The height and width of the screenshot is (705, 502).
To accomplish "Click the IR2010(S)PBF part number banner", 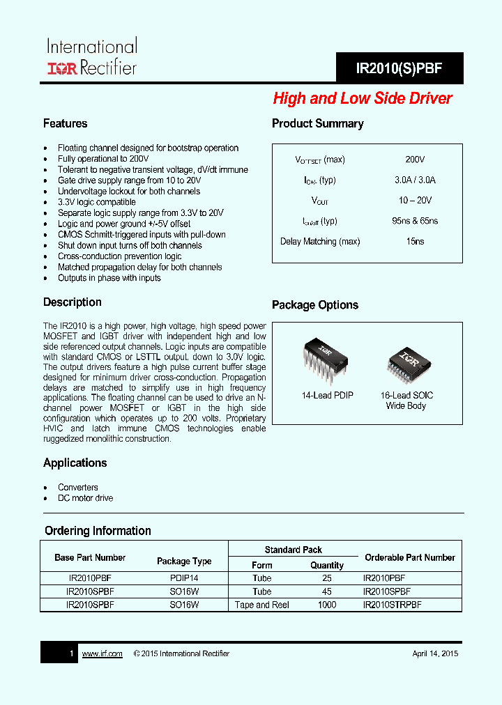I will tap(400, 69).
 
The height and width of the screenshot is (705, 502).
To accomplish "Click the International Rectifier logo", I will tap(91, 57).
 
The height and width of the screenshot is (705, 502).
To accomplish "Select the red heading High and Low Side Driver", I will tap(362, 99).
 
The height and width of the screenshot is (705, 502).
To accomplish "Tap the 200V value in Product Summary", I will tap(415, 160).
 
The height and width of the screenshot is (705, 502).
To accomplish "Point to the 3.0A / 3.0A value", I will tap(415, 180).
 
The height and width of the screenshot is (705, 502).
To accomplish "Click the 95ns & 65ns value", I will tap(415, 221).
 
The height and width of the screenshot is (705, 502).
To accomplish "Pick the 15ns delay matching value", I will tap(415, 241).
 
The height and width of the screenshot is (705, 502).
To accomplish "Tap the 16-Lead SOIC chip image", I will tap(406, 360).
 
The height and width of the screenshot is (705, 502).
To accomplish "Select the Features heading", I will tap(65, 123).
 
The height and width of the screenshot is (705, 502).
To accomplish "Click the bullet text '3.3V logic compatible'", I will tap(97, 202).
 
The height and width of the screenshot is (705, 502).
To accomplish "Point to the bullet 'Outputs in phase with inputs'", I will tap(109, 278).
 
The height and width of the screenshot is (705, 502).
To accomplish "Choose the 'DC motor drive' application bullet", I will tap(86, 498).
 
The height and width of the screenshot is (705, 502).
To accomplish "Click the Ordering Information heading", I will tap(98, 531).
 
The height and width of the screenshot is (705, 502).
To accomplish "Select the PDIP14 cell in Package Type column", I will tap(184, 578).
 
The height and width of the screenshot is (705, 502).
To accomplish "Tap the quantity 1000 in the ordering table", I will tap(326, 605).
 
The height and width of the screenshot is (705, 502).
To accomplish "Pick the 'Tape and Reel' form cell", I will tap(262, 605).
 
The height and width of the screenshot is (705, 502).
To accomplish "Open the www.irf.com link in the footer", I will tap(102, 653).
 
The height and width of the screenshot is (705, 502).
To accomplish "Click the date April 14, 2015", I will tap(435, 653).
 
